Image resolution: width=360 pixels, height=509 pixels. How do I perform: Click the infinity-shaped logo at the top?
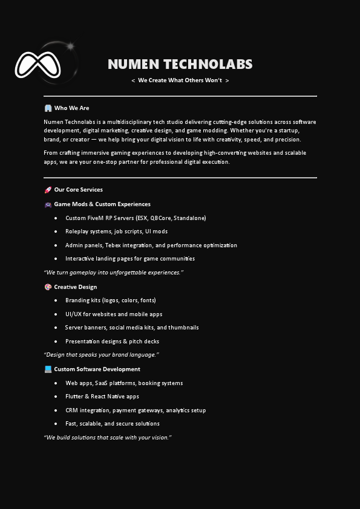coord(38,65)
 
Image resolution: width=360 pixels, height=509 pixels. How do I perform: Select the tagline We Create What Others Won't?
coord(180,80)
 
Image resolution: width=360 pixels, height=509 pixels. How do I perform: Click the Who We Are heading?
coord(71,108)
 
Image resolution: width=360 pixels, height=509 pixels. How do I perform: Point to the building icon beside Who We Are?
coord(48,108)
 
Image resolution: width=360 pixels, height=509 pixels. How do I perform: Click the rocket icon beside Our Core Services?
coord(48,190)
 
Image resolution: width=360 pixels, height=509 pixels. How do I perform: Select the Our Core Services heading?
coord(78,190)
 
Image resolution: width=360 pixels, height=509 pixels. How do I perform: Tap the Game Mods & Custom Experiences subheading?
coord(102,204)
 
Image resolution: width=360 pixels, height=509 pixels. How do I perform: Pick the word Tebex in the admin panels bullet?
coord(113,245)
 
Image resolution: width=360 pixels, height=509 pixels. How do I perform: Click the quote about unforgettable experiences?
coord(113,273)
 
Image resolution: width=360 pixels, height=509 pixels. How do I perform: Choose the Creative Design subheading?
coord(75,287)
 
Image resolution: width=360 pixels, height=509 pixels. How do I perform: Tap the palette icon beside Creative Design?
coord(48,287)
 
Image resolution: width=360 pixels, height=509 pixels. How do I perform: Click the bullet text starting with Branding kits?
coord(111,300)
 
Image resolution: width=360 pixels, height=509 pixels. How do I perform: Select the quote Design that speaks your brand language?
coord(101,355)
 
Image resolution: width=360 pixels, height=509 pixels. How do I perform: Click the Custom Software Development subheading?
coord(97,369)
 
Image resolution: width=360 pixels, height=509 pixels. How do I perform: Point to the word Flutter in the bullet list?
coord(74,397)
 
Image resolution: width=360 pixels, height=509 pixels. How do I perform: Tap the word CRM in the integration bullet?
coord(71,410)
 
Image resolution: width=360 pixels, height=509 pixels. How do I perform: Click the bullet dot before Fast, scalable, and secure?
coord(56,424)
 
